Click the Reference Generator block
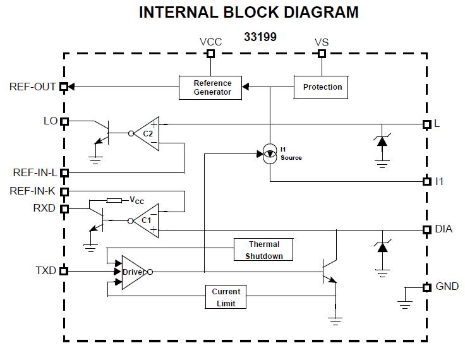coord(212,87)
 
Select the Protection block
coord(322,87)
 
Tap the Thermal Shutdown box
coord(263,250)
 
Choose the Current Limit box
coord(226,297)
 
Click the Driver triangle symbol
coord(133,272)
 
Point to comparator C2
coord(148,133)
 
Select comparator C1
coord(147,220)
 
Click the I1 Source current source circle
coord(270,153)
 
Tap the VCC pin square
coord(211,54)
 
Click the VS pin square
coord(322,54)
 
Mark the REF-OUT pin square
coord(64,87)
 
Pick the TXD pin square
coord(64,271)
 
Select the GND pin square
coord(426,287)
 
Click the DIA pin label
coord(444,229)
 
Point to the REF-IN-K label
coord(33,191)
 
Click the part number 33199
coord(260,37)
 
